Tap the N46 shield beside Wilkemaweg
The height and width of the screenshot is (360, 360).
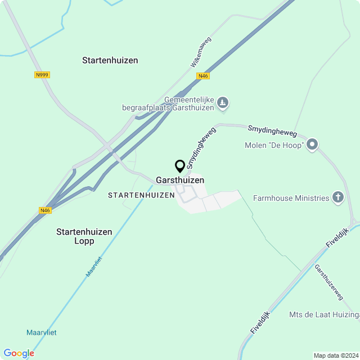(x=203, y=76)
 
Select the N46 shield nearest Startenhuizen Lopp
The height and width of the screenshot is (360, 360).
(x=46, y=210)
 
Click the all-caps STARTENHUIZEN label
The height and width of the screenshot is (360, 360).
(x=141, y=195)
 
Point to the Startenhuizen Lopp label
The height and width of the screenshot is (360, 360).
(x=84, y=236)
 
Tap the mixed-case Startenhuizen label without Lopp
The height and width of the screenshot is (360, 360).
(x=110, y=60)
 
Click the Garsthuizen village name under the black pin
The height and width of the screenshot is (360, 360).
(x=180, y=180)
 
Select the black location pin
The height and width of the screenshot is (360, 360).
(x=180, y=166)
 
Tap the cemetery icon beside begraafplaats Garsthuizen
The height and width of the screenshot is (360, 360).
(x=223, y=103)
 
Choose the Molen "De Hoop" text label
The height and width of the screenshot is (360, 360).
(x=274, y=146)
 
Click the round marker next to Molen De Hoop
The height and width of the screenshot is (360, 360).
(x=312, y=145)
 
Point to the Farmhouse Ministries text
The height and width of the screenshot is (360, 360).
(x=291, y=198)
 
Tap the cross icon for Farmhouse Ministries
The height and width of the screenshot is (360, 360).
(x=337, y=197)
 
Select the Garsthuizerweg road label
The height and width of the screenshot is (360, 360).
(x=328, y=282)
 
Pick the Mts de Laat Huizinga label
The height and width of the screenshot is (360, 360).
(x=324, y=314)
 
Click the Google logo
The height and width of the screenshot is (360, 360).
(x=19, y=353)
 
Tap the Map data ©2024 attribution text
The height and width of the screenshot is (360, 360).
(x=336, y=355)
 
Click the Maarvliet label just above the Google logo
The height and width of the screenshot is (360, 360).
(x=41, y=332)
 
